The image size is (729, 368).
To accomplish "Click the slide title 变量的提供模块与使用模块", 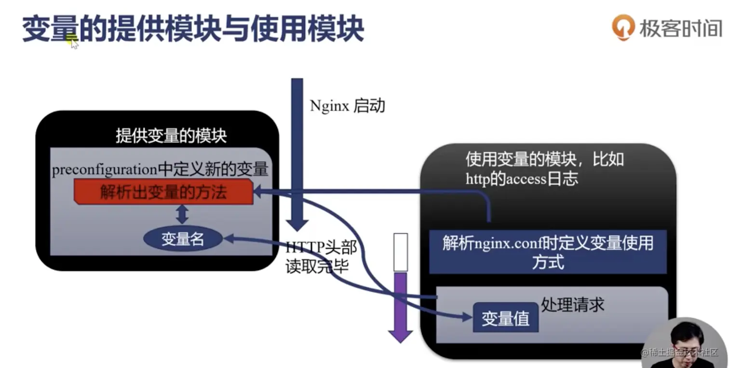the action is point(193,29).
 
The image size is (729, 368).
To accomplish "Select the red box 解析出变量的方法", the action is point(163,192).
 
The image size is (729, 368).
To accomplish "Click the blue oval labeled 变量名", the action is point(183,239).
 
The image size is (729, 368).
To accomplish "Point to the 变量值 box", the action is point(505,318).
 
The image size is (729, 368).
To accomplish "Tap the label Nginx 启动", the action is point(347,106).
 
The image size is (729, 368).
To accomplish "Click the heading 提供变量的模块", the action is point(171,136).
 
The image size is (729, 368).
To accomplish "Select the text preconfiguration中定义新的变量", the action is point(160,170).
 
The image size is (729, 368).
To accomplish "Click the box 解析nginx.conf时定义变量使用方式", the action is point(548,252).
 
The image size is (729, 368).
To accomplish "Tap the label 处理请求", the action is point(573,304).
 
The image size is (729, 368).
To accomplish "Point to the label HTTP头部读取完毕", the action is point(320,257).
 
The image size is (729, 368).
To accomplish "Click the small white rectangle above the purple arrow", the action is point(401,252).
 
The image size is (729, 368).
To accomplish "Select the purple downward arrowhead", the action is point(400,335).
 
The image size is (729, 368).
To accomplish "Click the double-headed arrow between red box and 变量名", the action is point(182,213).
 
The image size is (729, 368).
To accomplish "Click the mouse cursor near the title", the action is point(74,43).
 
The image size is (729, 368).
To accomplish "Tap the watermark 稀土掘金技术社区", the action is point(680,353).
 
